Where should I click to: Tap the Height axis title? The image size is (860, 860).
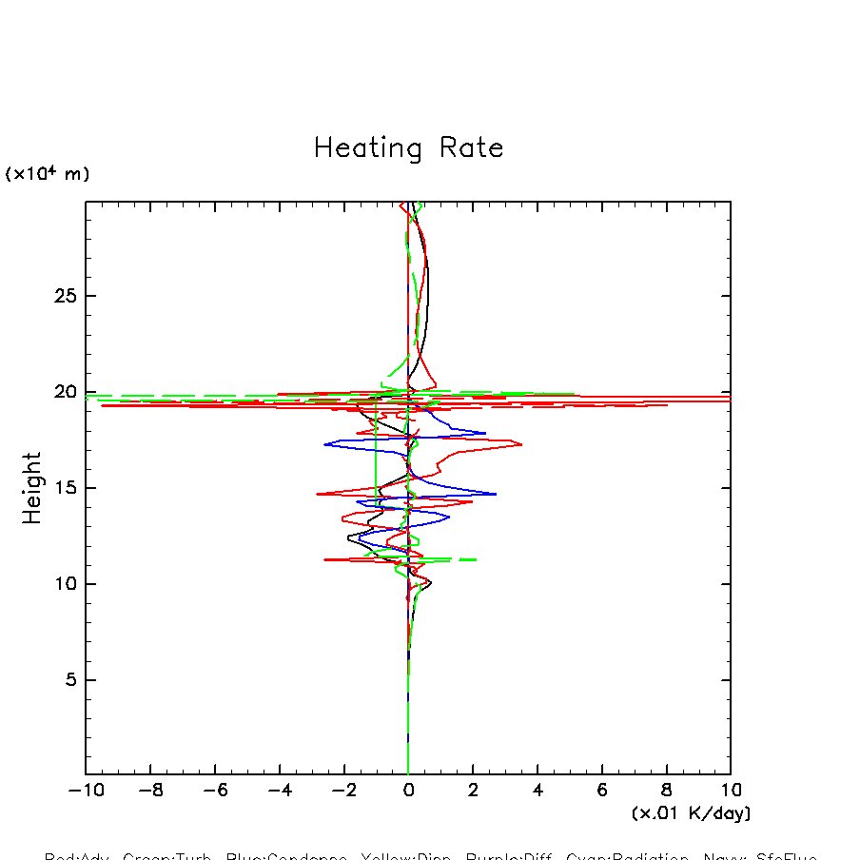coord(32,487)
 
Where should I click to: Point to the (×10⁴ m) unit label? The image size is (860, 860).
coord(48,174)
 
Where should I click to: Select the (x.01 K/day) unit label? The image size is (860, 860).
coord(691,813)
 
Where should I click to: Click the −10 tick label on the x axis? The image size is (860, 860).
coord(86,791)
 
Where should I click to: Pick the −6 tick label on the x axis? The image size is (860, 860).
coord(214,791)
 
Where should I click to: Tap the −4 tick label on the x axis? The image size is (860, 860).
coord(279,791)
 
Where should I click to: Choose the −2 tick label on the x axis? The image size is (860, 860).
coord(343,791)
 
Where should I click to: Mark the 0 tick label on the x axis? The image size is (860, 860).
coord(408,791)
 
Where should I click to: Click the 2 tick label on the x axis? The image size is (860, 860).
coord(473,791)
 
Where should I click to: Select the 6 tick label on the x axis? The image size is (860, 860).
coord(602,791)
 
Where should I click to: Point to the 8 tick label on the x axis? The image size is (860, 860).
coord(666,791)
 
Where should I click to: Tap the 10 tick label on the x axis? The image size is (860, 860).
coord(730,791)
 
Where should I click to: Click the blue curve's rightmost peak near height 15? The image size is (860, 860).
coord(496,494)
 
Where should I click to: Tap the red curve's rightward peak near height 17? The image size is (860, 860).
coord(521,443)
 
